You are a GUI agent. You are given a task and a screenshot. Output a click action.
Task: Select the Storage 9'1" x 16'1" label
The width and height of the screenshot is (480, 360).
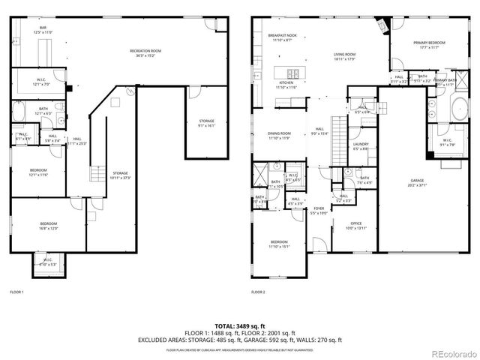click(x=206, y=121)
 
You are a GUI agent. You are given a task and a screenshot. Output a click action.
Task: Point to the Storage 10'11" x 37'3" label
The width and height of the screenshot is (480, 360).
click(x=120, y=176)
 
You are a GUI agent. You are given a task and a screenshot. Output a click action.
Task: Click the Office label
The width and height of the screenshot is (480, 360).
click(x=355, y=226)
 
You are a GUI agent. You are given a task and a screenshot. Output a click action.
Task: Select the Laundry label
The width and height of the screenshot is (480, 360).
click(x=360, y=145)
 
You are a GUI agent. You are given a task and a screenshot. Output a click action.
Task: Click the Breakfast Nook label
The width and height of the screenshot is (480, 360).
click(x=282, y=36)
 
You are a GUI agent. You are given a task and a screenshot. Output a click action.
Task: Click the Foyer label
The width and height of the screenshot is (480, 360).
click(x=319, y=211)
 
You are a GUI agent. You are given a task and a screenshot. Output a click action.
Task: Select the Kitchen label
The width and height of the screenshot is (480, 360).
click(x=286, y=85)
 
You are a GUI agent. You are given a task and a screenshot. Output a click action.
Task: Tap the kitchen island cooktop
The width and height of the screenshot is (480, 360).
click(x=293, y=73)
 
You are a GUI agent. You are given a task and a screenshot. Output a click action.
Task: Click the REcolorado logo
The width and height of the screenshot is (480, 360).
click(x=448, y=352)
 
